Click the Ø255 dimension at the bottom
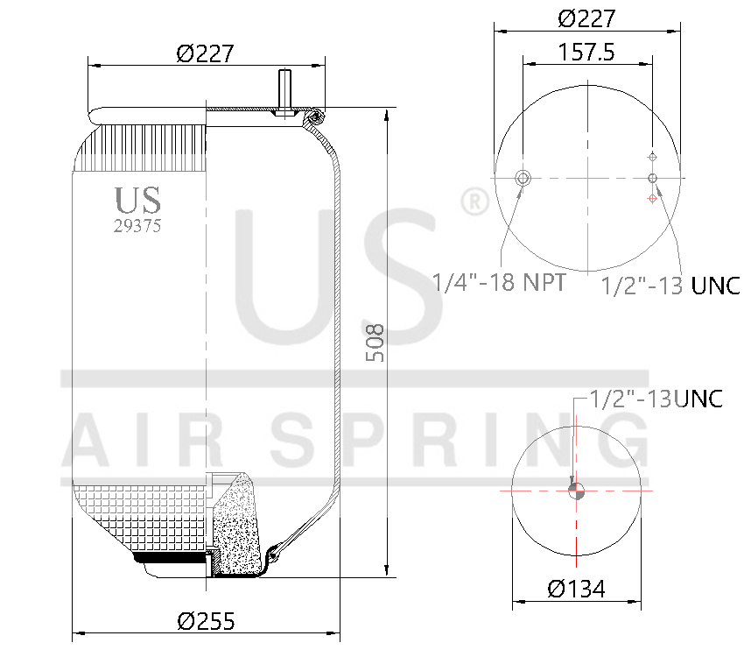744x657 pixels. (206, 620)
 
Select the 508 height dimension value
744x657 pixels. (376, 343)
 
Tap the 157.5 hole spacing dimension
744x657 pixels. (586, 52)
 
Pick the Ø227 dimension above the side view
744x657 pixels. (206, 53)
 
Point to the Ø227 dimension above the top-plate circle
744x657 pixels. (586, 18)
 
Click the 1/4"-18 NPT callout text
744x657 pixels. (499, 282)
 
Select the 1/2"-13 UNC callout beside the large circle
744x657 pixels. (670, 285)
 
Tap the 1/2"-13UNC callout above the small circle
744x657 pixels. (656, 399)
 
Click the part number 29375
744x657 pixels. (137, 225)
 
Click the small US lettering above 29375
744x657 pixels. (137, 200)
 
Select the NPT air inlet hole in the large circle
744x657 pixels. (523, 179)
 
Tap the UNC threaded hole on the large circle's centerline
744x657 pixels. (652, 179)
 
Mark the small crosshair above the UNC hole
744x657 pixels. (652, 157)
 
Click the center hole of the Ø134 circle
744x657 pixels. (576, 491)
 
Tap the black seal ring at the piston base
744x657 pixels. (168, 556)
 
